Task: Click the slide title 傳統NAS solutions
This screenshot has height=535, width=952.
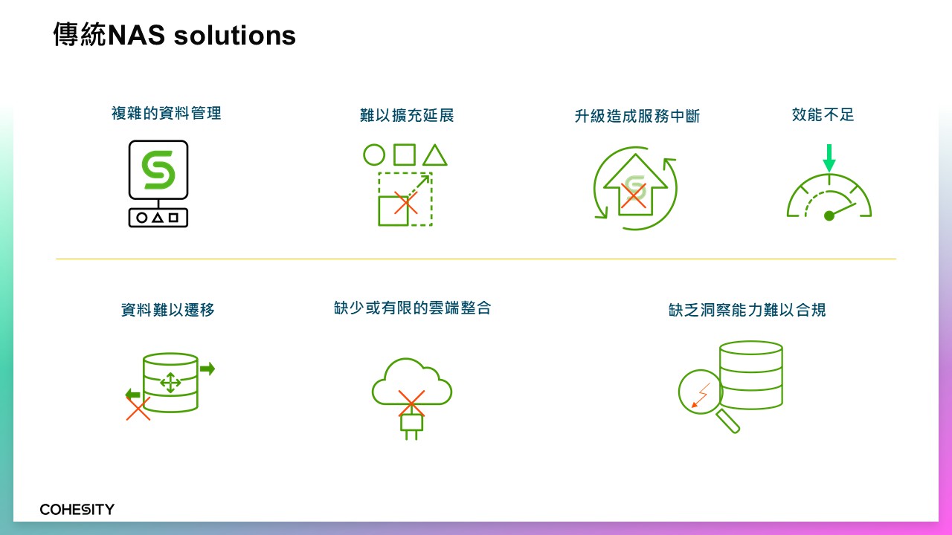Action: pyautogui.click(x=174, y=35)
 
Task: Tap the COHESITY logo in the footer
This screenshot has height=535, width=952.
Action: pyautogui.click(x=77, y=509)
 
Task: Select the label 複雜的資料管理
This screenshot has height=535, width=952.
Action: pyautogui.click(x=166, y=114)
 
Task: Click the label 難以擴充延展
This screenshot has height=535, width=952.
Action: pyautogui.click(x=407, y=115)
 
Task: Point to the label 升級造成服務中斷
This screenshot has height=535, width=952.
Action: pyautogui.click(x=637, y=116)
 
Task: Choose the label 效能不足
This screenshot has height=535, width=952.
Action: pyautogui.click(x=823, y=114)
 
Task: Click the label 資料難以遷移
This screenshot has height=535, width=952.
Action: pyautogui.click(x=168, y=310)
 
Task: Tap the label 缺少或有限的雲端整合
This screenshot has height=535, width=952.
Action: pyautogui.click(x=412, y=308)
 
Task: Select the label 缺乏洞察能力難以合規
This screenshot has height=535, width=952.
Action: pyautogui.click(x=747, y=310)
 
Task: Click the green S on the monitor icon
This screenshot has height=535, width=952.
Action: pyautogui.click(x=158, y=170)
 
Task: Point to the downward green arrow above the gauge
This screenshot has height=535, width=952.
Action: pyautogui.click(x=829, y=158)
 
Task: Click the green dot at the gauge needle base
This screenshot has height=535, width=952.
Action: pyautogui.click(x=829, y=216)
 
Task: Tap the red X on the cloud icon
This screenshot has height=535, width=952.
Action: pyautogui.click(x=411, y=403)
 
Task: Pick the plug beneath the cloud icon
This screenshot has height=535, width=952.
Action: pyautogui.click(x=411, y=426)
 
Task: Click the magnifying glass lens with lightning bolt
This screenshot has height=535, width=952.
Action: pyautogui.click(x=701, y=392)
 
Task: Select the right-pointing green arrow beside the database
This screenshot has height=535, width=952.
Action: pyautogui.click(x=208, y=368)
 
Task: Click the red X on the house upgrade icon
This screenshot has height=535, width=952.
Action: pyautogui.click(x=633, y=195)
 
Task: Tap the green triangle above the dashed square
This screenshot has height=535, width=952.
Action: pyautogui.click(x=435, y=155)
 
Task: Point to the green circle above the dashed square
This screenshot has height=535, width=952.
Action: pyautogui.click(x=374, y=155)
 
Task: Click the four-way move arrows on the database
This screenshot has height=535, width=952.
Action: pyautogui.click(x=170, y=383)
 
